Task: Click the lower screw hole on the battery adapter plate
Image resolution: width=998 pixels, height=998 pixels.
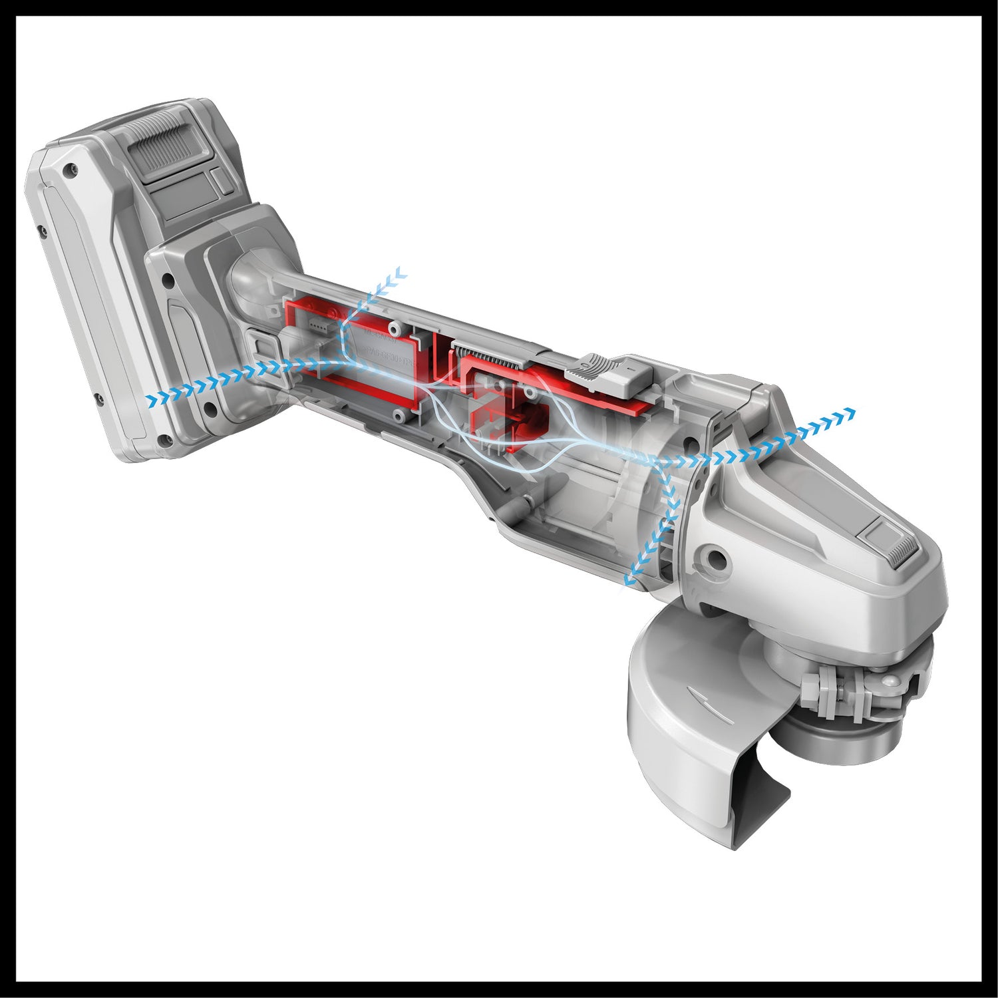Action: pyautogui.click(x=211, y=407)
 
